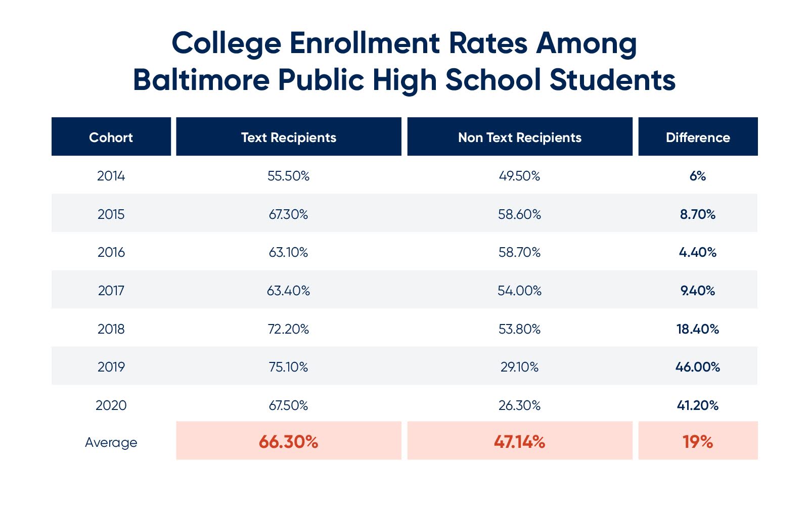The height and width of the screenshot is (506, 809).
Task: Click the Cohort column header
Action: pos(111,137)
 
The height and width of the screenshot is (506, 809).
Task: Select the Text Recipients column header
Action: pos(288,137)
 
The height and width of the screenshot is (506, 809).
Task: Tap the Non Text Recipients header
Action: pos(519,137)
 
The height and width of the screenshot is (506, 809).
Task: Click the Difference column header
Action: pos(698,137)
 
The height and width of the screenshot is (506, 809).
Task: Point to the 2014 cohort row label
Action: pos(111,176)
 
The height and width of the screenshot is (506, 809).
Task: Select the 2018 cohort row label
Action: pos(111,329)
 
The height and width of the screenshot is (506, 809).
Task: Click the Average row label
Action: pos(111,442)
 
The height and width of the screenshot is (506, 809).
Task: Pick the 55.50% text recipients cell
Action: pos(288,176)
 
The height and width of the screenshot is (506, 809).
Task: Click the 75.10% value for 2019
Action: pos(288,367)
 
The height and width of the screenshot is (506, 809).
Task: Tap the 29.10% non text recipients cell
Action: pos(519,367)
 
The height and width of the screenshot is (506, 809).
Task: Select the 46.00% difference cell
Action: pos(698,367)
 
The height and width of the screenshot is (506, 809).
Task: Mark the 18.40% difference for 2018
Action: pos(698,329)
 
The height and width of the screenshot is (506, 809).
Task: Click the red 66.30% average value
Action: pos(288,442)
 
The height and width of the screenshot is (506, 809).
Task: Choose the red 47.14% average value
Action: pos(519,442)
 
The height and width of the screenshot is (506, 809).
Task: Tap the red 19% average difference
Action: pos(698,442)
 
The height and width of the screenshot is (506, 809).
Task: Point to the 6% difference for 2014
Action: pos(698,176)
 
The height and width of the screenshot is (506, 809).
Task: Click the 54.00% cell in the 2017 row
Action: pos(519,291)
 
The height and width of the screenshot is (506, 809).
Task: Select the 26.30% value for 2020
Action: pos(519,405)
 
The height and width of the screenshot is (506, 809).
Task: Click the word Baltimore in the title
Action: pos(201,80)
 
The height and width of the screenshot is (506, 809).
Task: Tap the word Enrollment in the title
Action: pos(364,43)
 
